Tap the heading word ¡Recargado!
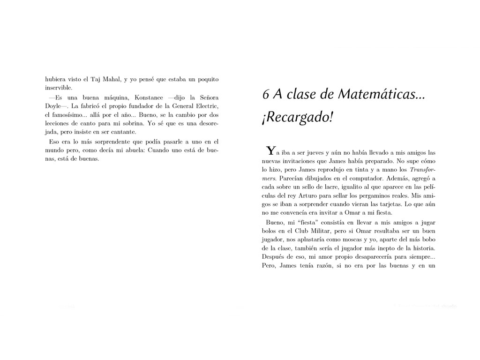298,118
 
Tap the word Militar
314,232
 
